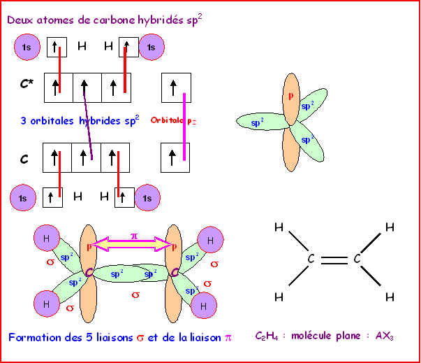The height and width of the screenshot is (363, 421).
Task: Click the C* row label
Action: point(26,85)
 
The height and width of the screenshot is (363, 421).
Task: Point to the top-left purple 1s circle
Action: point(27,48)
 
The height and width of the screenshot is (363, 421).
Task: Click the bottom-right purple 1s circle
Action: point(147,199)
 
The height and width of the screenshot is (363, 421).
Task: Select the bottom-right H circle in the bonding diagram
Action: point(203,306)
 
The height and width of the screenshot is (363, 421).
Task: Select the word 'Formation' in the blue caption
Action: point(34,337)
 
